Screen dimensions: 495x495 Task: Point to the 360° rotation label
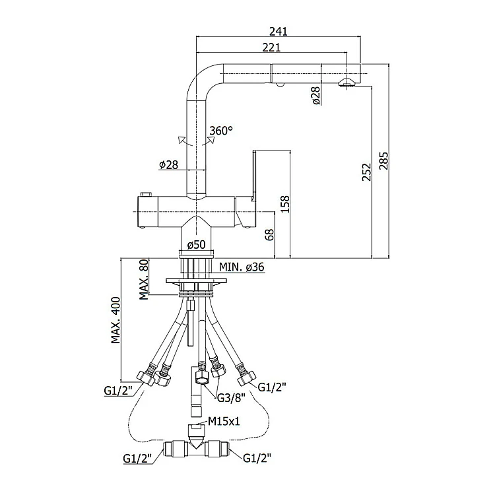click(x=220, y=130)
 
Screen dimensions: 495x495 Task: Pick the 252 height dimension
click(x=366, y=171)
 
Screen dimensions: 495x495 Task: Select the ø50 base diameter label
click(x=196, y=245)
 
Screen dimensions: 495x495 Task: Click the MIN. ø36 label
click(x=242, y=267)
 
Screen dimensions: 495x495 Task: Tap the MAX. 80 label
click(x=143, y=280)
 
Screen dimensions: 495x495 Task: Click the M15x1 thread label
click(x=223, y=420)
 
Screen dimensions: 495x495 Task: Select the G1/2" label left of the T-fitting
click(x=137, y=457)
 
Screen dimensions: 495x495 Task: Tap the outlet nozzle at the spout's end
click(x=348, y=82)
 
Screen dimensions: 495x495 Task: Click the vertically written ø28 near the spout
click(x=315, y=96)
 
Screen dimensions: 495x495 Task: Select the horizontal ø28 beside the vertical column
click(x=168, y=164)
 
